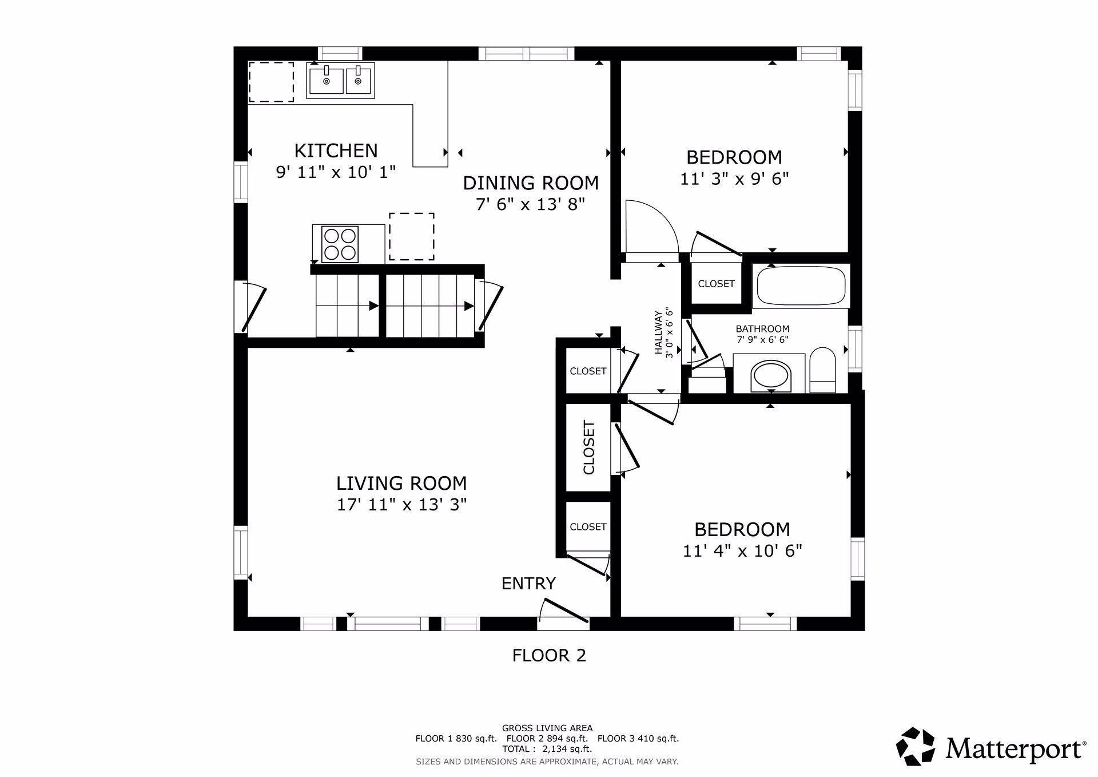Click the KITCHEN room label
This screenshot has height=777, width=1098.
tap(336, 150)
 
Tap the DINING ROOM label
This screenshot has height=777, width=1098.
tap(531, 183)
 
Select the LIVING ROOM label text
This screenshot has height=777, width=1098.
tap(401, 483)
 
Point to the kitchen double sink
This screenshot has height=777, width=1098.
tap(340, 81)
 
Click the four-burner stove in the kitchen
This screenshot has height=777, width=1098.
tap(340, 244)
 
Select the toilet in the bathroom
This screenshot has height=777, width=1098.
tap(823, 370)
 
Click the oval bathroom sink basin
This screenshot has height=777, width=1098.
tap(770, 376)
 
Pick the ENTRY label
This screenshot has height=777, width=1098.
tap(528, 584)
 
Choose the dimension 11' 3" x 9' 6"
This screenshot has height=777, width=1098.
tap(734, 179)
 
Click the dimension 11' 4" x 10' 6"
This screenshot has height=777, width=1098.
tap(742, 551)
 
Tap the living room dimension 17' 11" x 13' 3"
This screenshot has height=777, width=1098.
tap(401, 505)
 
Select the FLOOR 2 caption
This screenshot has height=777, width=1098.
tap(549, 655)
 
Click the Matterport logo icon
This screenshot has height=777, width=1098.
tap(916, 746)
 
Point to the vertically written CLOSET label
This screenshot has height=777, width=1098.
tap(588, 447)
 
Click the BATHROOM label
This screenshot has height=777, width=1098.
tap(762, 329)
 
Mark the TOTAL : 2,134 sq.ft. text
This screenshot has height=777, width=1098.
tap(547, 748)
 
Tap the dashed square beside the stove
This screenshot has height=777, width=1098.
tap(412, 236)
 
